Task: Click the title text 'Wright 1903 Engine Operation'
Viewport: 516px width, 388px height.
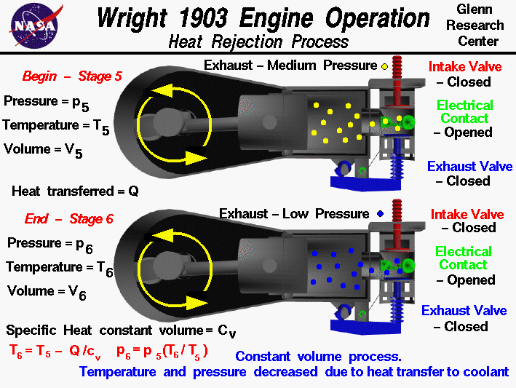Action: coord(263,17)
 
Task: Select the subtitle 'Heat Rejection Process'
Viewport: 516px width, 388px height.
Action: coord(258,41)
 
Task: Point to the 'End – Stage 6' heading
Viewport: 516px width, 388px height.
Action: coord(69,218)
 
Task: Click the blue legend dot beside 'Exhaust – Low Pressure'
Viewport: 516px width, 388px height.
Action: coord(381,214)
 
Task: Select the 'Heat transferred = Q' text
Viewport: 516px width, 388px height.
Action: coord(75,191)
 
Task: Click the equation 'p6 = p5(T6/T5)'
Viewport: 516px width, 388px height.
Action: coord(162,352)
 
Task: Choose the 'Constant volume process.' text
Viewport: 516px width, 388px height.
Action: coord(318,357)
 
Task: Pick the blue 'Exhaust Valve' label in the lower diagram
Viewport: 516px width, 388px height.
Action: coord(464,311)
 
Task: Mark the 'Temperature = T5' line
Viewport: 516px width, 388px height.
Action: coord(57,126)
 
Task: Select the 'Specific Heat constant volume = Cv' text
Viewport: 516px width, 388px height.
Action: coord(121,330)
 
